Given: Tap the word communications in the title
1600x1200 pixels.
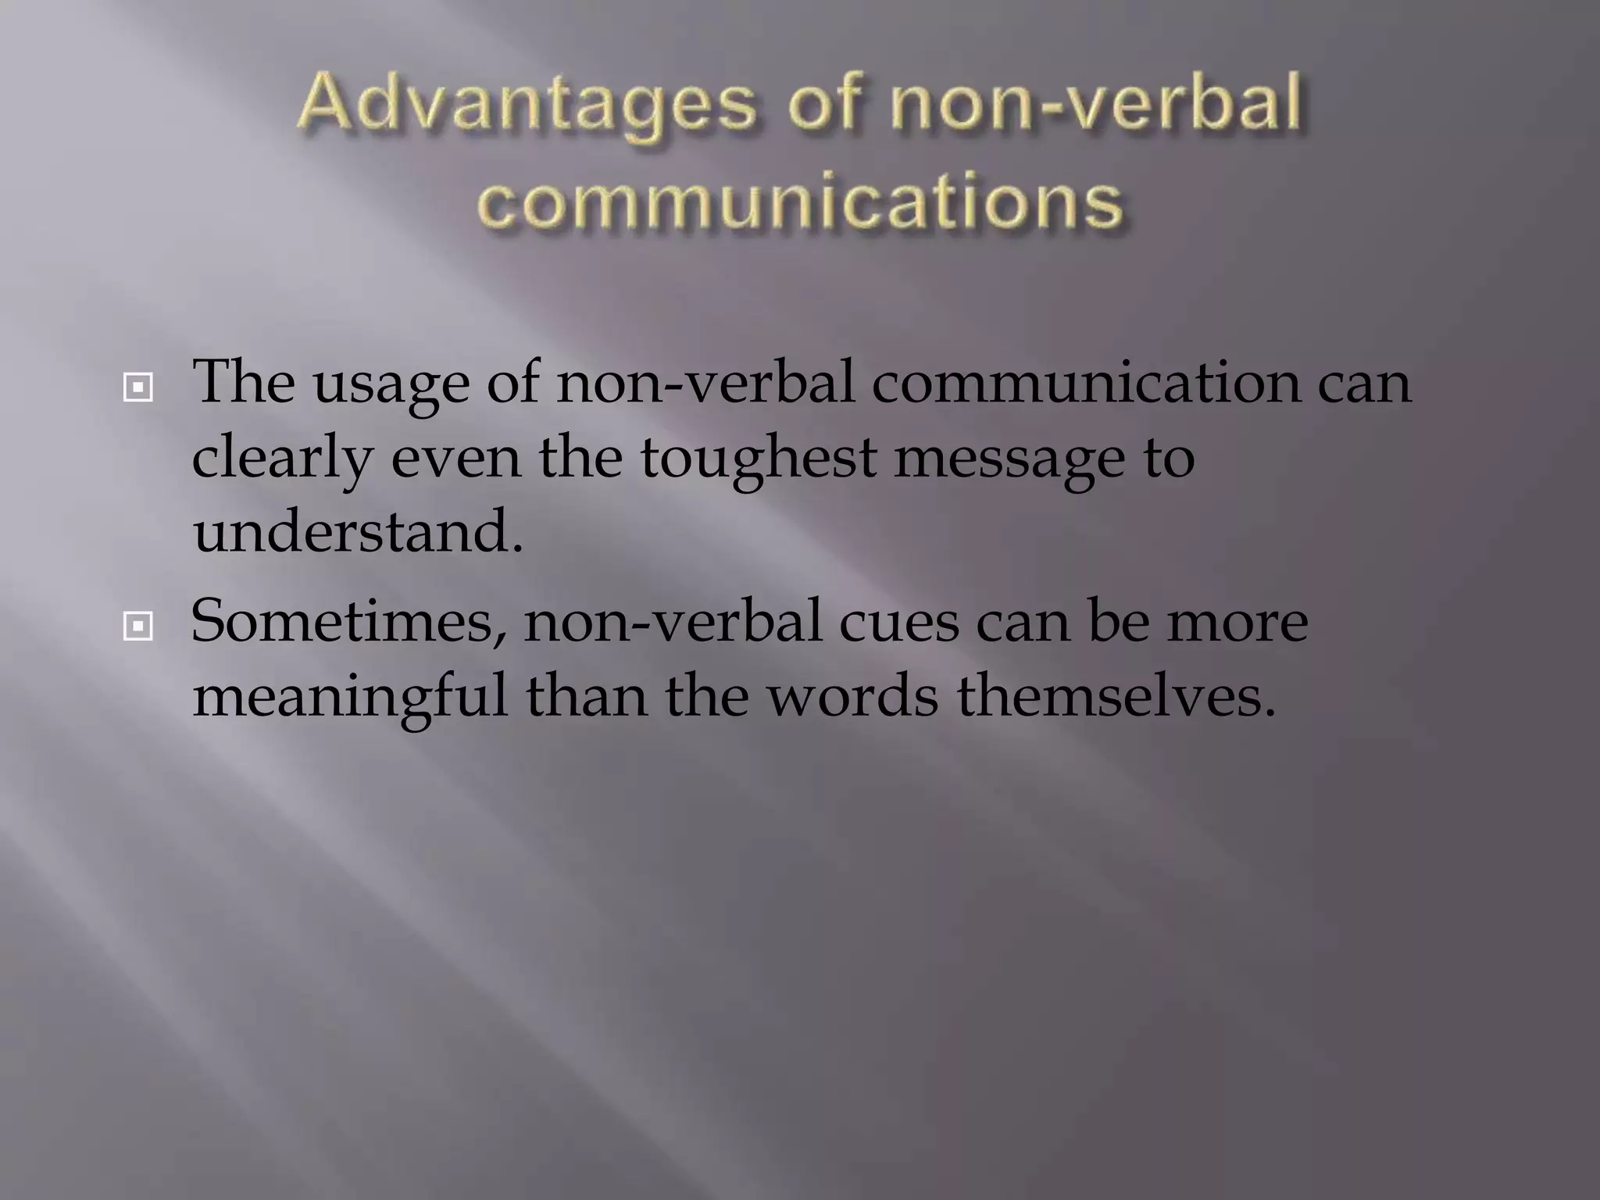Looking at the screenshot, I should [x=800, y=202].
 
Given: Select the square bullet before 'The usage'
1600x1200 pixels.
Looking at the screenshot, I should [x=137, y=387].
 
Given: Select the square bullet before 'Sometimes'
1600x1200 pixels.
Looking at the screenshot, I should [x=137, y=626].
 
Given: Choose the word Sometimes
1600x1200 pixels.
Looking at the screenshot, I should [x=348, y=623].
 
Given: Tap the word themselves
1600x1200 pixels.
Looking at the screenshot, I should [x=1116, y=695].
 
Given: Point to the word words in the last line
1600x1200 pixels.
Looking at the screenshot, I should [x=852, y=695].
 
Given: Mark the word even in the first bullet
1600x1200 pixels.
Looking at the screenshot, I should [x=455, y=459].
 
